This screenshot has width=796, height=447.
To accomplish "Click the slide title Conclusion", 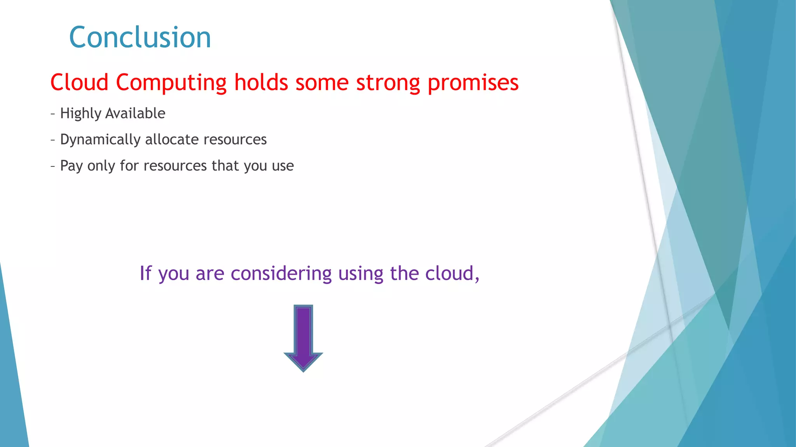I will [x=140, y=37].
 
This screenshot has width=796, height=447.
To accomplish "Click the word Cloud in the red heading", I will [x=79, y=82].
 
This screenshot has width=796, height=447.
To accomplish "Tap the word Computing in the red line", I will [x=171, y=83].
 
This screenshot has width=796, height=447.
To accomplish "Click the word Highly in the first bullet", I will [x=80, y=114].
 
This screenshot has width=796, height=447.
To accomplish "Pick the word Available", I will [x=135, y=113].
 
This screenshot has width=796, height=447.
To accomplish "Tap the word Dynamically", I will [x=100, y=140].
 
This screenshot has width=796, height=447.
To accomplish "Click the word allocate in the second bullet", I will [x=172, y=139].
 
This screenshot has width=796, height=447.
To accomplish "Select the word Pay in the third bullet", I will [x=72, y=166].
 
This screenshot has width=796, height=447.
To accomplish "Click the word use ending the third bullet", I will [x=283, y=166].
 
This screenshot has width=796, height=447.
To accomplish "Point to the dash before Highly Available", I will [x=52, y=114].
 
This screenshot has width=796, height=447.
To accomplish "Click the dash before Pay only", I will [x=52, y=166].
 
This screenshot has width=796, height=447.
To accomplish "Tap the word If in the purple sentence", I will [x=145, y=273].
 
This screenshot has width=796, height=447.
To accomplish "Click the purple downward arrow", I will [x=303, y=334].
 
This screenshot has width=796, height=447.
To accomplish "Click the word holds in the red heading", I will [x=261, y=82].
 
